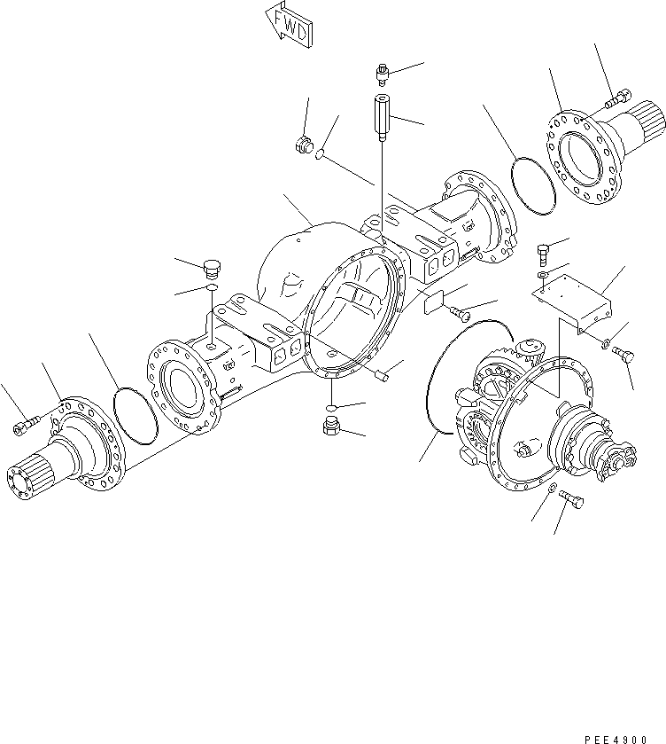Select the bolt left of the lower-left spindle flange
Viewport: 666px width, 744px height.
tap(24, 427)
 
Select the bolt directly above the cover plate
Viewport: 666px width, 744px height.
tap(544, 253)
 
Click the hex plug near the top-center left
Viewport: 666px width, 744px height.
tap(303, 145)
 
